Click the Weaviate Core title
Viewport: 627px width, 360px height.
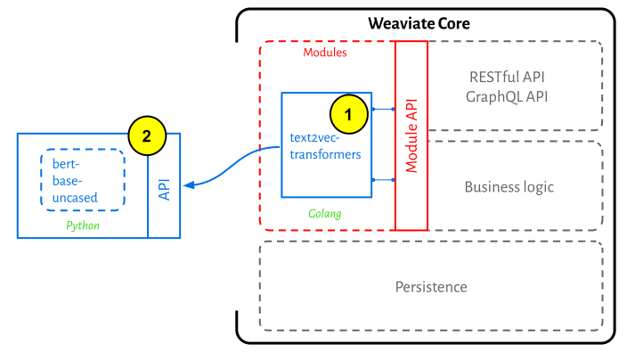(419, 23)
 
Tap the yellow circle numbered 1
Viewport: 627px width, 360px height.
(349, 114)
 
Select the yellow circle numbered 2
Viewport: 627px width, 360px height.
(147, 136)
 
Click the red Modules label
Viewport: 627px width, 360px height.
(325, 53)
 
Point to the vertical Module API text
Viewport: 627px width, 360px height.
(411, 135)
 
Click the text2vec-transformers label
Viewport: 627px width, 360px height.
(325, 146)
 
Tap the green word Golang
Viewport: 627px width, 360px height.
(325, 214)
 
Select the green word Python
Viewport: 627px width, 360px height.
(83, 225)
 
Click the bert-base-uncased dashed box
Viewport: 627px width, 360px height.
(41, 180)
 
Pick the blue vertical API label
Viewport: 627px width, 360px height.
(165, 189)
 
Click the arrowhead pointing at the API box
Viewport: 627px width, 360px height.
(189, 184)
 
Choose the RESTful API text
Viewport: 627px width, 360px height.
(507, 77)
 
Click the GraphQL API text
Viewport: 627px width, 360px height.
(507, 97)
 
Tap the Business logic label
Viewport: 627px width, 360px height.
(509, 187)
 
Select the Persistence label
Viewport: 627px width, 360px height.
(431, 287)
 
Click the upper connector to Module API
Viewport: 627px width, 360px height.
(383, 109)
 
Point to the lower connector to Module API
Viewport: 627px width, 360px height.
(383, 180)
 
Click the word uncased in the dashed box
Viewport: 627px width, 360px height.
(75, 198)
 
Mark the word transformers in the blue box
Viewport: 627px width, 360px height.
(325, 154)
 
